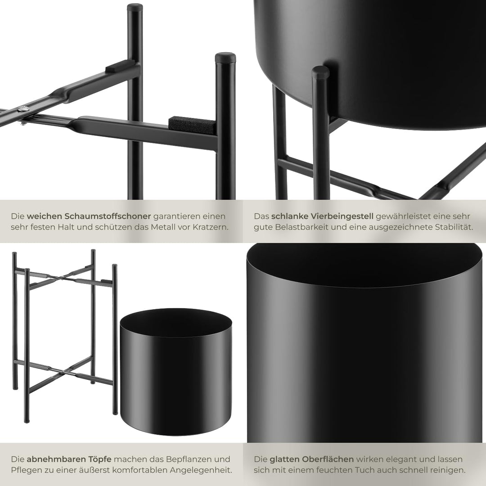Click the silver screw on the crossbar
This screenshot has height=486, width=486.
coord(23,109)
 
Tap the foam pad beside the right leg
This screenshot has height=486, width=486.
coord(192,125)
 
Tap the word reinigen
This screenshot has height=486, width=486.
coord(450,470)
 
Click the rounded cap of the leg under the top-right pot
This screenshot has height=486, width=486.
coord(320,72)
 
